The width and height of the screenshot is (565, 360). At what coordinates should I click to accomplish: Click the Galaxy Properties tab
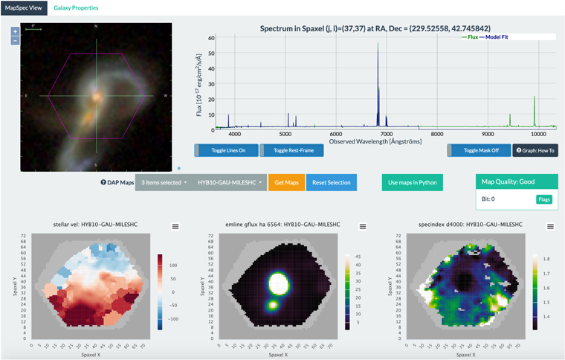tap(76, 7)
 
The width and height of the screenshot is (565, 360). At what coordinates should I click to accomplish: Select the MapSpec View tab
tap(24, 7)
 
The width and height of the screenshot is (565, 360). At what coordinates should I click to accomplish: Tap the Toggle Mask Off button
tap(478, 150)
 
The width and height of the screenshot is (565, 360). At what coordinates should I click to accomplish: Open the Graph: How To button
tap(535, 150)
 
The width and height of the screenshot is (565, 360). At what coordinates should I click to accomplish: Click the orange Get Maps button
tap(286, 182)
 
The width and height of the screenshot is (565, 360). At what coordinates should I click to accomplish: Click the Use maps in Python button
tap(411, 182)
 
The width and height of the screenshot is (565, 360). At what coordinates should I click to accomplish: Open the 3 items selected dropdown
tap(164, 182)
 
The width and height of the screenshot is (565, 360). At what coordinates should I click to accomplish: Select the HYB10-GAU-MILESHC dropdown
tap(229, 182)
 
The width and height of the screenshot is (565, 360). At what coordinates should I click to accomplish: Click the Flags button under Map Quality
tap(544, 199)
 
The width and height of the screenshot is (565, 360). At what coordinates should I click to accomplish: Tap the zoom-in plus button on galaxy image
tap(15, 32)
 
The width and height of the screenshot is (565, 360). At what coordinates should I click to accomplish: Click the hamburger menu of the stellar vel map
tap(175, 226)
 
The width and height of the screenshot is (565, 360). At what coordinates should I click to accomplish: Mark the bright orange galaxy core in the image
tap(97, 95)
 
